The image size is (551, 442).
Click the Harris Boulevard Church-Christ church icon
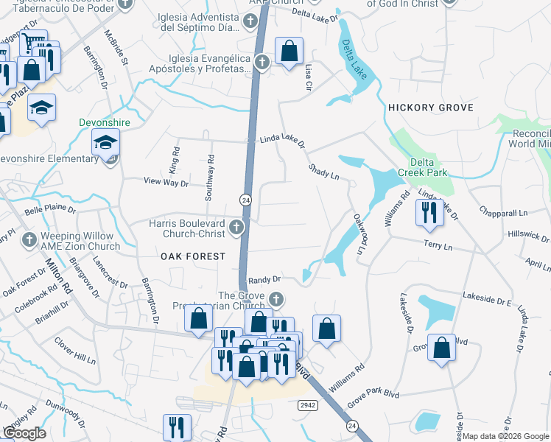[236, 227]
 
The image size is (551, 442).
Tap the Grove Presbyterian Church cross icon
[276, 298]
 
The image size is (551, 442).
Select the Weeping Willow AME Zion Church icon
[29, 239]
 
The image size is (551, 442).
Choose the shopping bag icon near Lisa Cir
[289, 51]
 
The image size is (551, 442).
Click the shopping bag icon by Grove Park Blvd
[441, 349]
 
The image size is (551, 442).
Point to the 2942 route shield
[308, 406]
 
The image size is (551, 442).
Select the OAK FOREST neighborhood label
[193, 256]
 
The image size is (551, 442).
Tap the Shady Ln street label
[323, 172]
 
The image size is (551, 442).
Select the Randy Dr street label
[265, 279]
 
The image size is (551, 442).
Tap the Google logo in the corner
[24, 433]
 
